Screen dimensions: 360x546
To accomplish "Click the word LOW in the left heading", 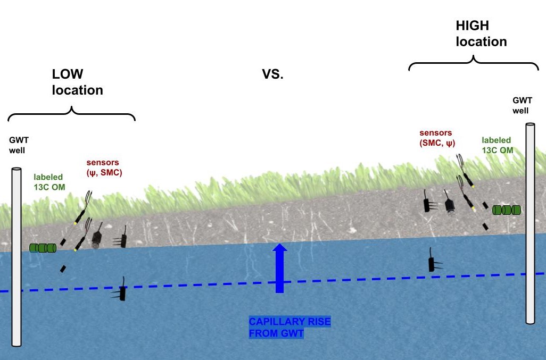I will tap(68, 73).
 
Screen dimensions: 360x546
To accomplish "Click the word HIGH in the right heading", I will tap(472, 25).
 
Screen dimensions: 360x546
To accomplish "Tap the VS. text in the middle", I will tap(273, 74).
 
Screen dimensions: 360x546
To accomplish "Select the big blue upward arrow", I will tap(279, 268).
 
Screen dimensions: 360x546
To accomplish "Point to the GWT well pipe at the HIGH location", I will tap(530, 223).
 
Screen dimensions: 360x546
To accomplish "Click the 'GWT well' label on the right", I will tap(520, 105).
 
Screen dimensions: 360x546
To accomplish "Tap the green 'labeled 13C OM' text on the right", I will tap(498, 145).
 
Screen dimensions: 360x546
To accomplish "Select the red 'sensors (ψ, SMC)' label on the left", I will tap(104, 167).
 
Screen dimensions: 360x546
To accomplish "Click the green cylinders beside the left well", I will tap(43, 248).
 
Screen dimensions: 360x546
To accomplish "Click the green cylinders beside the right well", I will tap(506, 210).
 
